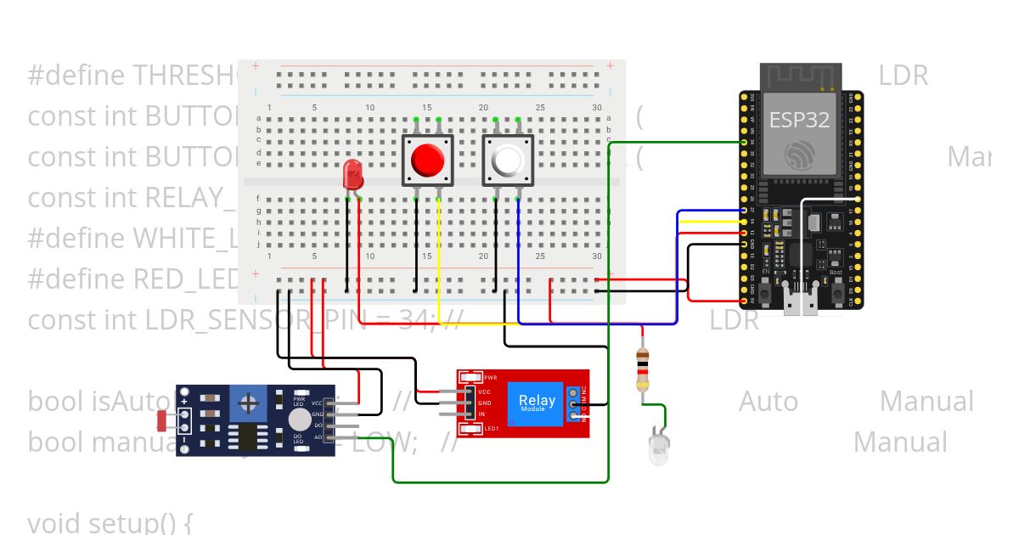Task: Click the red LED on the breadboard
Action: click(352, 176)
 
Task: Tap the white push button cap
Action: click(508, 160)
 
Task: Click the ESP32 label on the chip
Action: click(799, 120)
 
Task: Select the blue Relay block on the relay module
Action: click(537, 402)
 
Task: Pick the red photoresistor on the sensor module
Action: click(164, 420)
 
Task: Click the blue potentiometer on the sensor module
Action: click(251, 402)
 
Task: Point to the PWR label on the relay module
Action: click(490, 376)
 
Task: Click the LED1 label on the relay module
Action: click(490, 429)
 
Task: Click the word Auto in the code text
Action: click(768, 401)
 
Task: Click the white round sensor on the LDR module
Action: click(299, 420)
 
